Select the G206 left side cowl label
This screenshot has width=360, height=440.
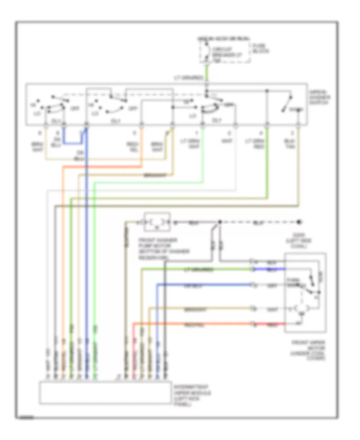[x=306, y=241]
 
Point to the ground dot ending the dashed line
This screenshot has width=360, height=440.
[x=299, y=222]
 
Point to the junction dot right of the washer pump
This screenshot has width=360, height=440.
[x=219, y=222]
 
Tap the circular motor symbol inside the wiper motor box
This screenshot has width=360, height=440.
[x=297, y=309]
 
